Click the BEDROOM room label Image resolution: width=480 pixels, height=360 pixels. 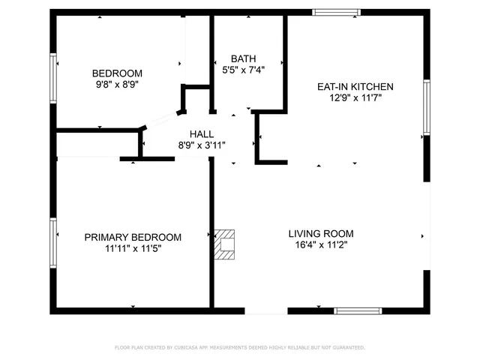(x=117, y=73)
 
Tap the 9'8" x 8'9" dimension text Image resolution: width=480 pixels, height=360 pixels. (x=117, y=85)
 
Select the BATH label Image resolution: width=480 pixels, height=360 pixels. (x=244, y=58)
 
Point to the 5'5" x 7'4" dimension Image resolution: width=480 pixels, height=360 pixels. (x=244, y=70)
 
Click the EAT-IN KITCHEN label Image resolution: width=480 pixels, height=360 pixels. (x=355, y=87)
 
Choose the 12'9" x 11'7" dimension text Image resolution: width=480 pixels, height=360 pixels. (x=355, y=98)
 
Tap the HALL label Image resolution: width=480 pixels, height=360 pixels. (x=202, y=133)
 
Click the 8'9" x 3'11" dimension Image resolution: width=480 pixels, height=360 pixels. (x=202, y=145)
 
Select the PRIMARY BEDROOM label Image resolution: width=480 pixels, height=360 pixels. (x=133, y=237)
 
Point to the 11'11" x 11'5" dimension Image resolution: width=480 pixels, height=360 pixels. (x=133, y=249)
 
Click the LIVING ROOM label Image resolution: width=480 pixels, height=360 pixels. (x=321, y=233)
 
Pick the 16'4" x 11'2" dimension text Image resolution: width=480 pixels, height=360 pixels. (x=321, y=244)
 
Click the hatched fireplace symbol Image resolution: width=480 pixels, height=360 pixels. (x=225, y=244)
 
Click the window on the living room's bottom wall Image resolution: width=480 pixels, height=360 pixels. (x=358, y=310)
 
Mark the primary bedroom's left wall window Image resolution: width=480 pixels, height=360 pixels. (x=53, y=242)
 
